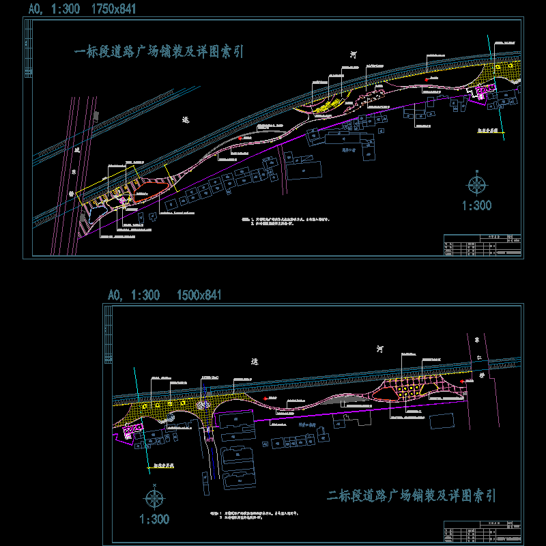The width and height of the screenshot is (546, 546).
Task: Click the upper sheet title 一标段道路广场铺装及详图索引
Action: pyautogui.click(x=158, y=52)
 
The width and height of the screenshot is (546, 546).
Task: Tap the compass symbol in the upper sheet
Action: pyautogui.click(x=476, y=184)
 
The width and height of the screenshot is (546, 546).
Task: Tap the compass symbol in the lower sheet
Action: pyautogui.click(x=155, y=496)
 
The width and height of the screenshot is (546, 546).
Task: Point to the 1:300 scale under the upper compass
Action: pyautogui.click(x=476, y=205)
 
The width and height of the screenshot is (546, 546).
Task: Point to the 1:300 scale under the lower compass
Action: pyautogui.click(x=154, y=519)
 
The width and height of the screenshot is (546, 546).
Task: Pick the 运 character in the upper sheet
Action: pyautogui.click(x=185, y=119)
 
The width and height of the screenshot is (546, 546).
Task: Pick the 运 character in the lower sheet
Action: pyautogui.click(x=255, y=362)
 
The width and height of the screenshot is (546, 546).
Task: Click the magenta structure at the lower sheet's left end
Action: pyautogui.click(x=131, y=431)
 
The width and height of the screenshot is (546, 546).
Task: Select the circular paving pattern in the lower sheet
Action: pyautogui.click(x=204, y=404)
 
